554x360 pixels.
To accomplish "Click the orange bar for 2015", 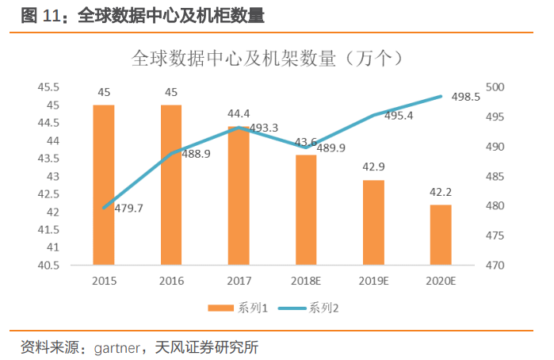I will (x=104, y=185).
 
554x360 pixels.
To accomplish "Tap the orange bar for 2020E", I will (x=441, y=235).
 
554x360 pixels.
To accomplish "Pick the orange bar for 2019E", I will (x=373, y=222).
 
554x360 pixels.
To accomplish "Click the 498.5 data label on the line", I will (x=466, y=97).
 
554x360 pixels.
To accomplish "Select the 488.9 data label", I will (x=196, y=154).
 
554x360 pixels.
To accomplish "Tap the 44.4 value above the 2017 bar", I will (x=239, y=113).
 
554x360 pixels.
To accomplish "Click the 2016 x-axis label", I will (x=171, y=281).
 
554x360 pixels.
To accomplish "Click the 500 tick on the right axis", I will (x=495, y=87).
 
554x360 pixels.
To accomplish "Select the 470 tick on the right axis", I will (x=495, y=265).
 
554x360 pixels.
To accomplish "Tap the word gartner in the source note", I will (x=117, y=347).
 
